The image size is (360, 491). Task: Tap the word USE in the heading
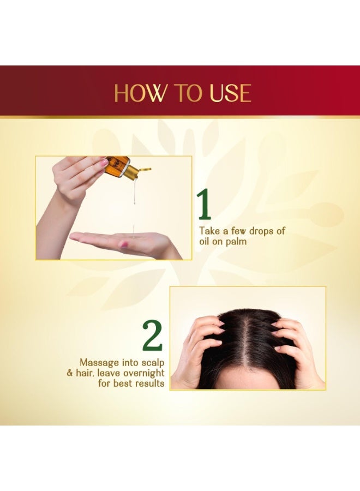(x=229, y=93)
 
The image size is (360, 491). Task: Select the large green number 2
(x=153, y=336)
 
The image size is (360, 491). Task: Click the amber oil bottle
(x=116, y=164)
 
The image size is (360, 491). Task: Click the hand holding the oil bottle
(x=76, y=177)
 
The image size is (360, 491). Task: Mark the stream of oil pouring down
(x=134, y=202)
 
